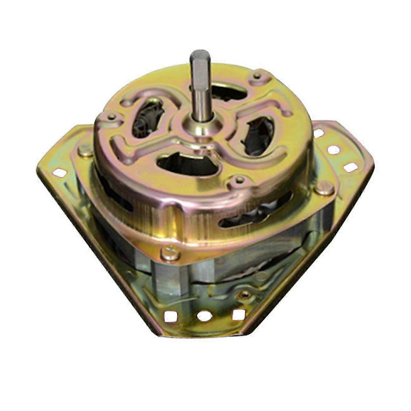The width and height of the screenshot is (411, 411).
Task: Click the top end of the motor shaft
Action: click(x=200, y=55)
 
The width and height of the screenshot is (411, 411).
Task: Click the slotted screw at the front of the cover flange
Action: click(x=170, y=253)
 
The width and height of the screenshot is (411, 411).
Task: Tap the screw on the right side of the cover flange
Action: click(x=324, y=189)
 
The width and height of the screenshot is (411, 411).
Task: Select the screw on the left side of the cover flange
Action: click(x=86, y=150)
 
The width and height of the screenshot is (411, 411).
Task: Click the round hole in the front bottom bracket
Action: click(x=204, y=316)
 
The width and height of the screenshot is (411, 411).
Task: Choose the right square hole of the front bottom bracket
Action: click(x=238, y=314)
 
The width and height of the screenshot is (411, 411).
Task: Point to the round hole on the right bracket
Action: click(x=334, y=150)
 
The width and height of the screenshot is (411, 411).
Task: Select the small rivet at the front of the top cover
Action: click(x=239, y=180)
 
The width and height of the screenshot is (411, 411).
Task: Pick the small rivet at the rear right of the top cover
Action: click(x=257, y=75)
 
